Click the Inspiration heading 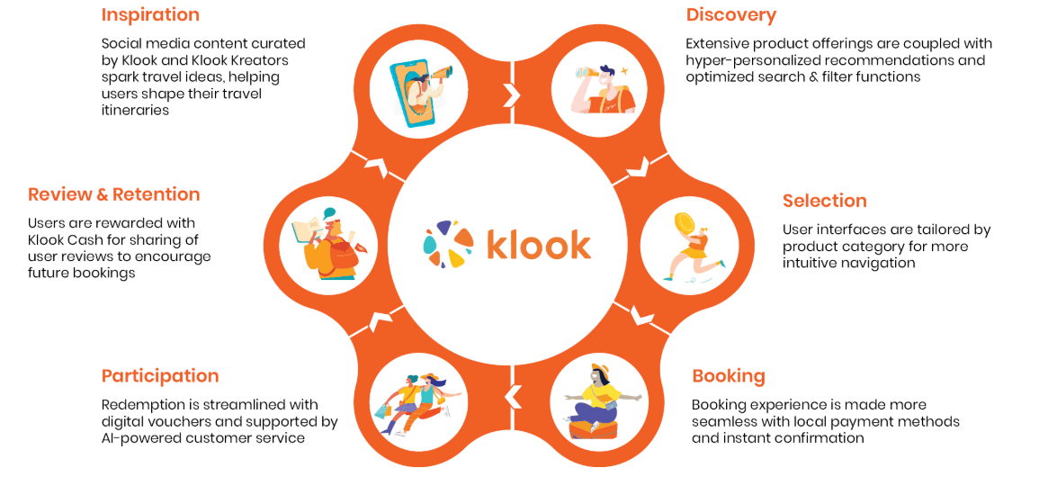[x=150, y=14]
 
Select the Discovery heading [x=730, y=14]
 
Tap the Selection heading [x=824, y=201]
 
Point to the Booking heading [x=729, y=375]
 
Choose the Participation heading [x=160, y=375]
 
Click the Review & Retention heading [x=113, y=194]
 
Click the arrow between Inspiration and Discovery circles [x=512, y=94]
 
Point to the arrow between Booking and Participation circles [x=512, y=396]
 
